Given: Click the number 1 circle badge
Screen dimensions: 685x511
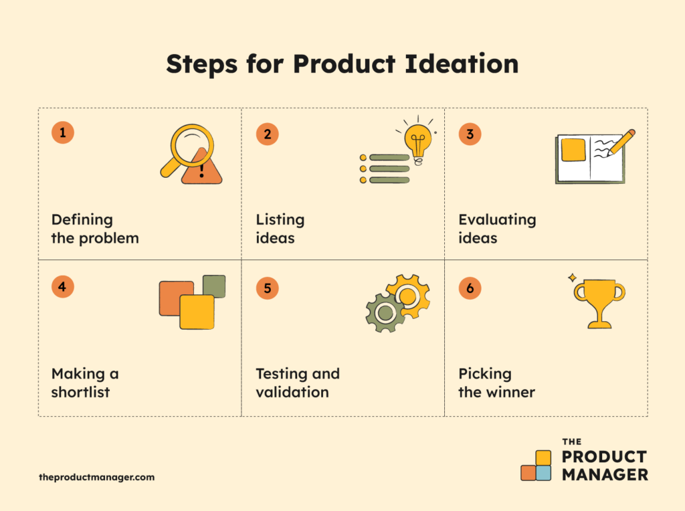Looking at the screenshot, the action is point(62,132).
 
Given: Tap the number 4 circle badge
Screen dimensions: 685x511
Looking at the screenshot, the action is point(62,286).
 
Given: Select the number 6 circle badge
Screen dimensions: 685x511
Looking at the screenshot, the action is point(470,288).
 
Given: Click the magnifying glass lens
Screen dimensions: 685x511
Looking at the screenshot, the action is point(192,146).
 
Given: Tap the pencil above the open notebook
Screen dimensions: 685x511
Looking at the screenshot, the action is point(621,142).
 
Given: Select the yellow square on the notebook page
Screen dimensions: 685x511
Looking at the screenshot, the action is point(573,150).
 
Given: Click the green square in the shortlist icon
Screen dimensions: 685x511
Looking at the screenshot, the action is point(214,286).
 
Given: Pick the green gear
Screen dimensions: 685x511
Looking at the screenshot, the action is point(385,312).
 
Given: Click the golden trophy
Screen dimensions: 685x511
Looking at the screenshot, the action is point(600,304).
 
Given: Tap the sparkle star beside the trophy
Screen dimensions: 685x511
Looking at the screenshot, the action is point(572,278).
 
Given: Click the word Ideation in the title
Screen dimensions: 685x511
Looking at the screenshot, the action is point(462,64).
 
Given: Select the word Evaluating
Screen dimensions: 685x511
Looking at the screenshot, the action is point(497,219).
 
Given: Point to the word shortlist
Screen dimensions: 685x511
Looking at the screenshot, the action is point(80,392).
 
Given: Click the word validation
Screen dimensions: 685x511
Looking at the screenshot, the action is point(292,392).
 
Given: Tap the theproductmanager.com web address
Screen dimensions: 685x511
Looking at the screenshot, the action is point(96,478).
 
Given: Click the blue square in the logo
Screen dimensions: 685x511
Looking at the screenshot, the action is point(543,474).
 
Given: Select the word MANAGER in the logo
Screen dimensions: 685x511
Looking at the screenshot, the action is point(605,475).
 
